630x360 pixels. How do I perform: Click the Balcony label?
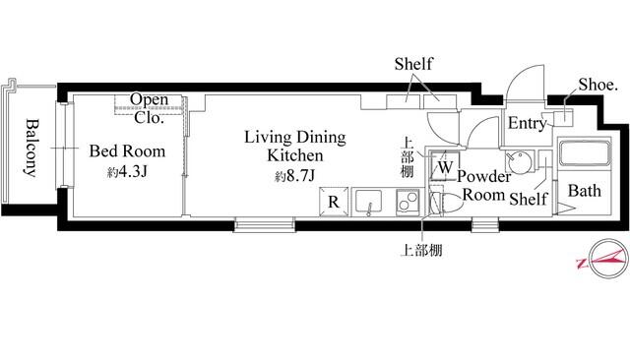click(31, 148)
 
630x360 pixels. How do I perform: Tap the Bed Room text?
click(127, 151)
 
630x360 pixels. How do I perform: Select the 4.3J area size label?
click(127, 172)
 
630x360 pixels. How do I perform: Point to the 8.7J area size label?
click(294, 176)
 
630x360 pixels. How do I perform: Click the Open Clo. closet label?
click(149, 108)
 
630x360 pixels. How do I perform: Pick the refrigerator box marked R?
click(334, 202)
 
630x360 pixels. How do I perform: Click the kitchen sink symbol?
click(369, 203)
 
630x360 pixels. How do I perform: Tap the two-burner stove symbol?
click(408, 202)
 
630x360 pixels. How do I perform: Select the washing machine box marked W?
click(445, 166)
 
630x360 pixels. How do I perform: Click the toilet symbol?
click(446, 203)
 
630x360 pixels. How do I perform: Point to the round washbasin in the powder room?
click(519, 162)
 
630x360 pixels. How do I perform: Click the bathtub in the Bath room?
click(584, 152)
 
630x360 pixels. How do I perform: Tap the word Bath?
click(585, 191)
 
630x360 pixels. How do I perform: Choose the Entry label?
click(528, 124)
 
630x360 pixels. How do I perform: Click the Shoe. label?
click(598, 85)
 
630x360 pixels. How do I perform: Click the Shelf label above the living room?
click(413, 64)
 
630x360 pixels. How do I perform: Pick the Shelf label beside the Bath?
click(529, 199)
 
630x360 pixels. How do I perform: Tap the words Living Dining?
click(295, 138)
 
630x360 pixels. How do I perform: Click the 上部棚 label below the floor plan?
click(422, 251)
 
